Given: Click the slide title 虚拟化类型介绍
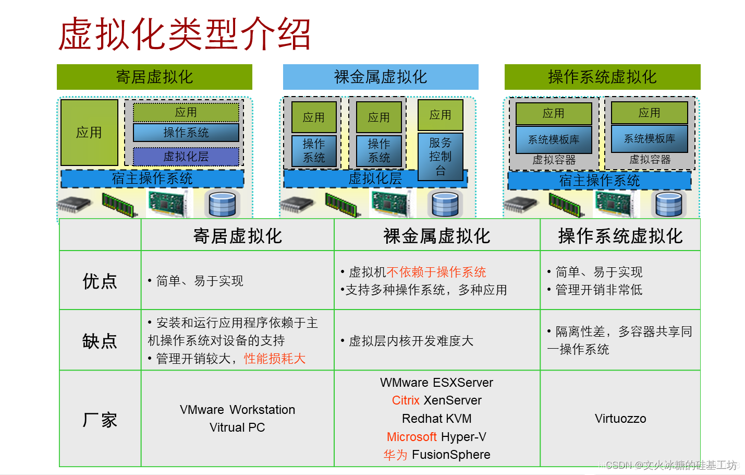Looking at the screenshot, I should (x=185, y=34).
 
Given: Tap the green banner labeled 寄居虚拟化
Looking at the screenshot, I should (x=154, y=77).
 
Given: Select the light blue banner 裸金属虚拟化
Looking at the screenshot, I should (x=381, y=77).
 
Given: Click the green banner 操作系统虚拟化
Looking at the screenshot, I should (x=602, y=77).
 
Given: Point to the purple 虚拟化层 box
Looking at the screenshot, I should (x=186, y=157).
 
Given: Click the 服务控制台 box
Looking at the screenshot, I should (x=441, y=156).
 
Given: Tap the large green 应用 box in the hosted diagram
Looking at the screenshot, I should (x=89, y=133).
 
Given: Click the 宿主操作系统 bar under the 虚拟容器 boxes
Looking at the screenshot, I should (x=600, y=181).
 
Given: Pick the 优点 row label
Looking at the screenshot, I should (x=100, y=281).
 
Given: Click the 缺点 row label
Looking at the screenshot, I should (x=100, y=341).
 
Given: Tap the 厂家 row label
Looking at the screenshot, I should (x=100, y=419).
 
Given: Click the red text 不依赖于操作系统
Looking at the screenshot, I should (x=436, y=272).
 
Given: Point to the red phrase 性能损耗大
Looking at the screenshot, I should (x=275, y=359).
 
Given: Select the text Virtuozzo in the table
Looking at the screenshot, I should (x=620, y=419).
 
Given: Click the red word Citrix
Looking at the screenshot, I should (x=406, y=400).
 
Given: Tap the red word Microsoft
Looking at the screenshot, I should (x=411, y=437).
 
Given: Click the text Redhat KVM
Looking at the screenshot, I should (x=437, y=419).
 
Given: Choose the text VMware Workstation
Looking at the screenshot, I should (x=237, y=410).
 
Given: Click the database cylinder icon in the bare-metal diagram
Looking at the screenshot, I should (x=446, y=204).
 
